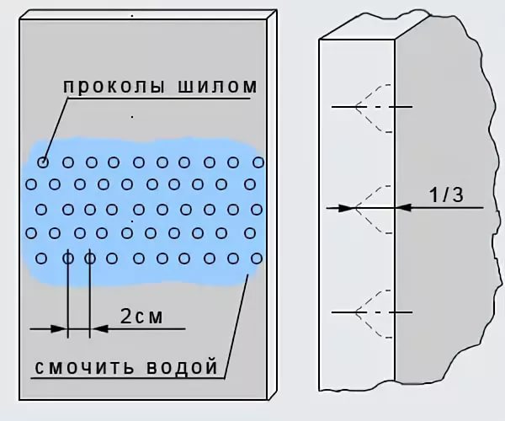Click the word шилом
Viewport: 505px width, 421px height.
click(x=214, y=87)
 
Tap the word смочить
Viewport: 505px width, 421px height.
click(x=82, y=368)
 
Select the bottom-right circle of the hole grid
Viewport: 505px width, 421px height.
click(x=257, y=258)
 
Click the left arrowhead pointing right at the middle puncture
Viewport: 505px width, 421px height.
click(x=348, y=206)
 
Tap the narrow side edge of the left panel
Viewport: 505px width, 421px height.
click(x=274, y=202)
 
